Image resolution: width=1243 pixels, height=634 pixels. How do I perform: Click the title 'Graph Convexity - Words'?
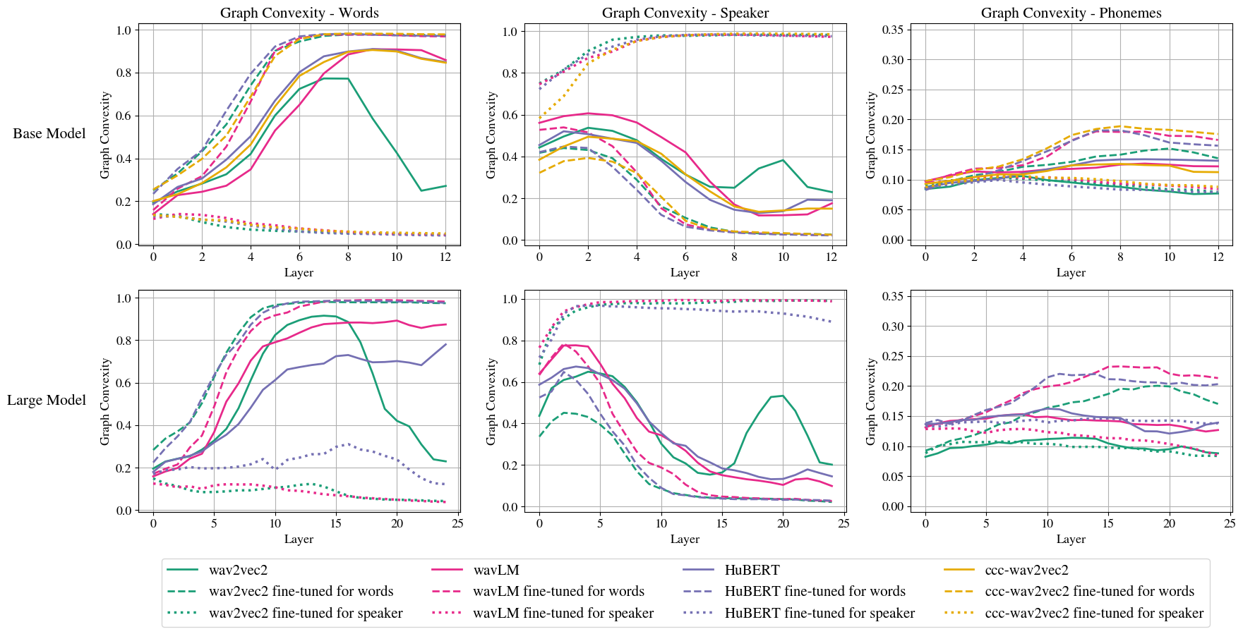tap(299, 13)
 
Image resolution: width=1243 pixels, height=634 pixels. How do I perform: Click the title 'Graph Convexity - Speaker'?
tap(685, 13)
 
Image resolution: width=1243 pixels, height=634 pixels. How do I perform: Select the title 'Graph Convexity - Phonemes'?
tap(1071, 13)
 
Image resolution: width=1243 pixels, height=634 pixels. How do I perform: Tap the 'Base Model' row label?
tap(49, 133)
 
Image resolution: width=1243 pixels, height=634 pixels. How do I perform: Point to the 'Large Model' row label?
tap(47, 400)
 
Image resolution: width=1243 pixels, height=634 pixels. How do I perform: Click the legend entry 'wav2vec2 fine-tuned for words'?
tap(301, 591)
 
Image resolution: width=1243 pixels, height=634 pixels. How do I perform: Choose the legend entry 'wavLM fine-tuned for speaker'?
tap(563, 613)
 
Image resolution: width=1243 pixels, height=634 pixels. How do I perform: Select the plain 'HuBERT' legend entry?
tap(752, 570)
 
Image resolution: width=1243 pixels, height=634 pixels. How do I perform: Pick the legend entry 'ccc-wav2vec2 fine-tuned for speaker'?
tap(1093, 613)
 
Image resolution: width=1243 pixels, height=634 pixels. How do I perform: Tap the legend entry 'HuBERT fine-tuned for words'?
tap(815, 591)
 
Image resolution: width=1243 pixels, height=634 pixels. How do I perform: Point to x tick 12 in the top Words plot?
tap(445, 257)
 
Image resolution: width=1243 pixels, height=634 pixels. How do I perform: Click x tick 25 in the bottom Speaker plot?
tap(843, 523)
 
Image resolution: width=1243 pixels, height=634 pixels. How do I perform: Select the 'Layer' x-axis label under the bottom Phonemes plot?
tap(1071, 539)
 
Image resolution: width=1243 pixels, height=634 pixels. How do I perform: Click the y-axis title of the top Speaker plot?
tap(491, 135)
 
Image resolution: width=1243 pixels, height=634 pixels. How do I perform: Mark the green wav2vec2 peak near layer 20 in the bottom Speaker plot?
tap(783, 396)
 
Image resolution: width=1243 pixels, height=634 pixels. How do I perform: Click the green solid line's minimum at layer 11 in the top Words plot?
tap(421, 190)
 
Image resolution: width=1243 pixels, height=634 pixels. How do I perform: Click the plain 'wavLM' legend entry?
tap(496, 570)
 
